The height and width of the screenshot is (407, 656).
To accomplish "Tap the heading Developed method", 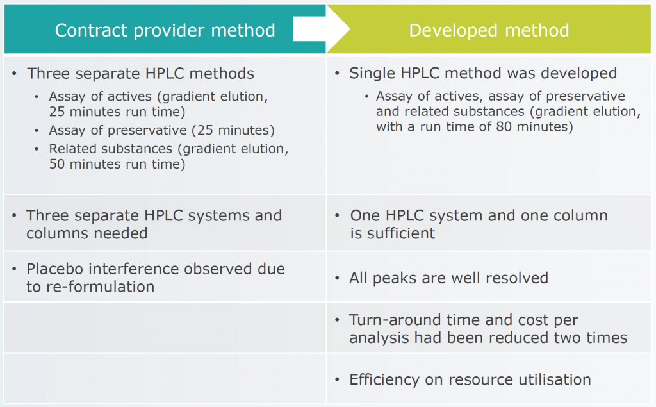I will point(489,31).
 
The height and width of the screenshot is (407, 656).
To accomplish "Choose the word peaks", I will point(400,278).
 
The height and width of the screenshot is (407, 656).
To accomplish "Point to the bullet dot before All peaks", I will point(338,279).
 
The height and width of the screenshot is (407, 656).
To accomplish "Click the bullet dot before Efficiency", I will point(338,380).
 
